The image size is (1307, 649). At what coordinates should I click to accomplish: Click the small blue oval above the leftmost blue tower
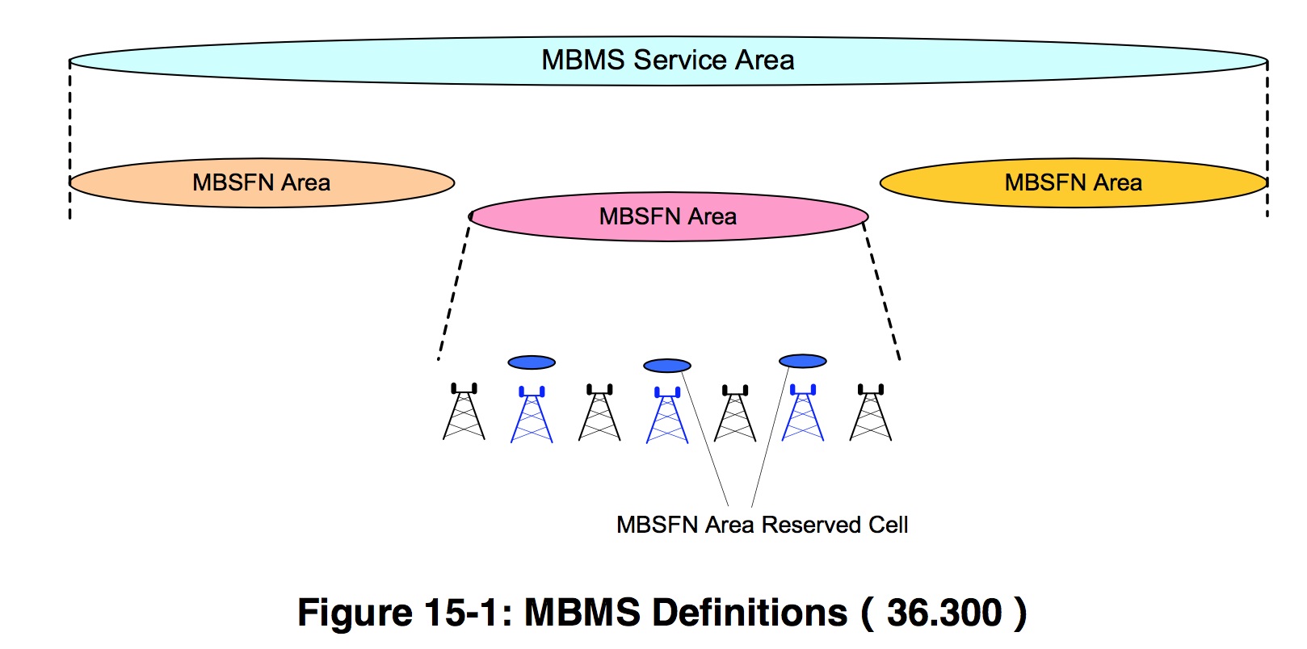tap(532, 362)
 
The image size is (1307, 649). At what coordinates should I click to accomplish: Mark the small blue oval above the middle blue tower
tap(667, 366)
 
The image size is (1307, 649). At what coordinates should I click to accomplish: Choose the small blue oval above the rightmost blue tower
tap(803, 361)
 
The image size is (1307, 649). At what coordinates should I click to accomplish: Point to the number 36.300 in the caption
tap(944, 613)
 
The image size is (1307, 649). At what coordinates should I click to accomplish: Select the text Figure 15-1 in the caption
tap(404, 613)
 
